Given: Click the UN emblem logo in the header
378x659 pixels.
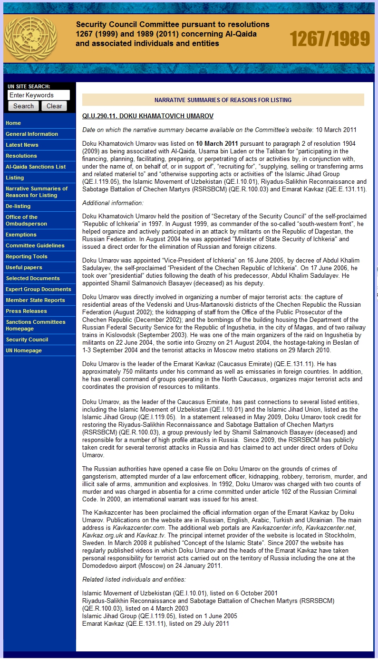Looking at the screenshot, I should pyautogui.click(x=30, y=38).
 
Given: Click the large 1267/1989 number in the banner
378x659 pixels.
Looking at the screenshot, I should pyautogui.click(x=330, y=39).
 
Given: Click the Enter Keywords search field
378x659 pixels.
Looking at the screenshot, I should pyautogui.click(x=39, y=95).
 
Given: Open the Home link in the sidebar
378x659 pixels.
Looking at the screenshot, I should pyautogui.click(x=13, y=123).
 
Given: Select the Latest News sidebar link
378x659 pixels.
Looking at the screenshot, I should pyautogui.click(x=22, y=145).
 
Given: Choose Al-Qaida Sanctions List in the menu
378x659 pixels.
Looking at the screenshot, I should pyautogui.click(x=36, y=167).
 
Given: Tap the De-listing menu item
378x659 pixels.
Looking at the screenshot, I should pyautogui.click(x=18, y=206).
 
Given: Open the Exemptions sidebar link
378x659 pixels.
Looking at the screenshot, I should pyautogui.click(x=21, y=235).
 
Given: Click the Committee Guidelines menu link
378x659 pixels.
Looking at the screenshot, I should pyautogui.click(x=35, y=245).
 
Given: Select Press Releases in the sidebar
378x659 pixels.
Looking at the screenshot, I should pyautogui.click(x=26, y=311).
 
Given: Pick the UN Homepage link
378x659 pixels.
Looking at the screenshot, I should pyautogui.click(x=24, y=350).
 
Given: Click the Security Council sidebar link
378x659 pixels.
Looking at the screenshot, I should pyautogui.click(x=27, y=339).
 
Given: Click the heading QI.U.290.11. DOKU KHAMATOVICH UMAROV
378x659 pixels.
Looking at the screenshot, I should pyautogui.click(x=148, y=116).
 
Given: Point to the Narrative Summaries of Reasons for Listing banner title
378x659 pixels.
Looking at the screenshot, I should pyautogui.click(x=223, y=100).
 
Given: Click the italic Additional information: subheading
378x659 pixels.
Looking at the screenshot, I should pyautogui.click(x=113, y=203).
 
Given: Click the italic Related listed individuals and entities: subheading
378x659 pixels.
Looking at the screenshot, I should pyautogui.click(x=134, y=579).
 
